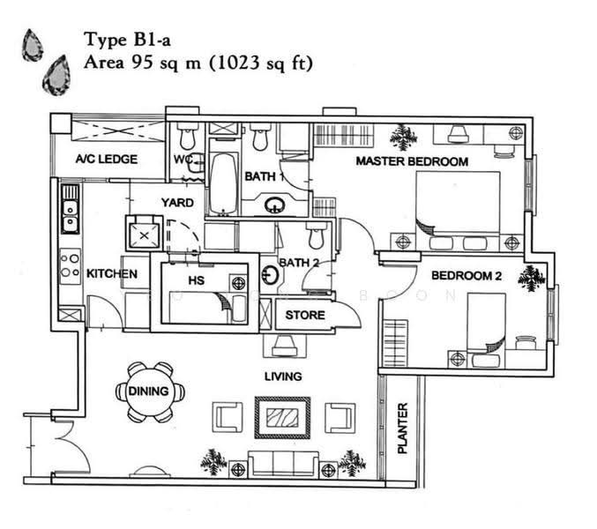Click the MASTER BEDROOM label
click(x=412, y=161)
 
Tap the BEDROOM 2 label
click(x=466, y=276)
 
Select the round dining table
click(x=149, y=391)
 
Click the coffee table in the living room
click(x=282, y=418)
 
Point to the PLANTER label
click(x=402, y=428)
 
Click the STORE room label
click(x=305, y=315)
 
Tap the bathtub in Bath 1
click(x=223, y=183)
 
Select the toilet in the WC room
click(x=187, y=137)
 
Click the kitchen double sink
click(x=70, y=209)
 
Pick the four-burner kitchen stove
click(x=71, y=266)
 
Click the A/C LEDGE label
click(x=107, y=159)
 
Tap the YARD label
click(x=177, y=203)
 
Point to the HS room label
click(x=197, y=280)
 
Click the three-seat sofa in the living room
click(x=283, y=464)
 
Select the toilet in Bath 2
click(x=316, y=235)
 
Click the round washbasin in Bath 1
click(x=274, y=205)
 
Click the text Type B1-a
click(x=127, y=40)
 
